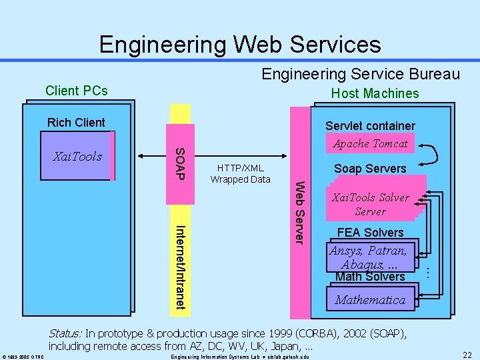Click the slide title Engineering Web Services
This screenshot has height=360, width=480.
pos(240,44)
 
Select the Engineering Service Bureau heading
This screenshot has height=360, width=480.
pos(361,73)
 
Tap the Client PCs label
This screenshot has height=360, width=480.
pos(76,91)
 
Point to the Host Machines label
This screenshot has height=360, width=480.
pos(375,93)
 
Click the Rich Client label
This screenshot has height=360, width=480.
pos(76,122)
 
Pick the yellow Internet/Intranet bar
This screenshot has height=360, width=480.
pos(181,267)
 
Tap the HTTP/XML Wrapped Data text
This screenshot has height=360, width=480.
pos(240,173)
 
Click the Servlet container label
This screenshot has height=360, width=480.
pos(370,125)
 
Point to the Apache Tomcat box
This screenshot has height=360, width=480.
pos(370,143)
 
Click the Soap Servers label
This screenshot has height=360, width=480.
pos(370,169)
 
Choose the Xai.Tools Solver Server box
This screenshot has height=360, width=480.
pos(370,204)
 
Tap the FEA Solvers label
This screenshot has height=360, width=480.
pos(370,232)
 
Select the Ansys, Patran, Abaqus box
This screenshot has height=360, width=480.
pos(370,257)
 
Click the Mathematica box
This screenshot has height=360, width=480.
pos(370,300)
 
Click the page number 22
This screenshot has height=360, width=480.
pos(467,355)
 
